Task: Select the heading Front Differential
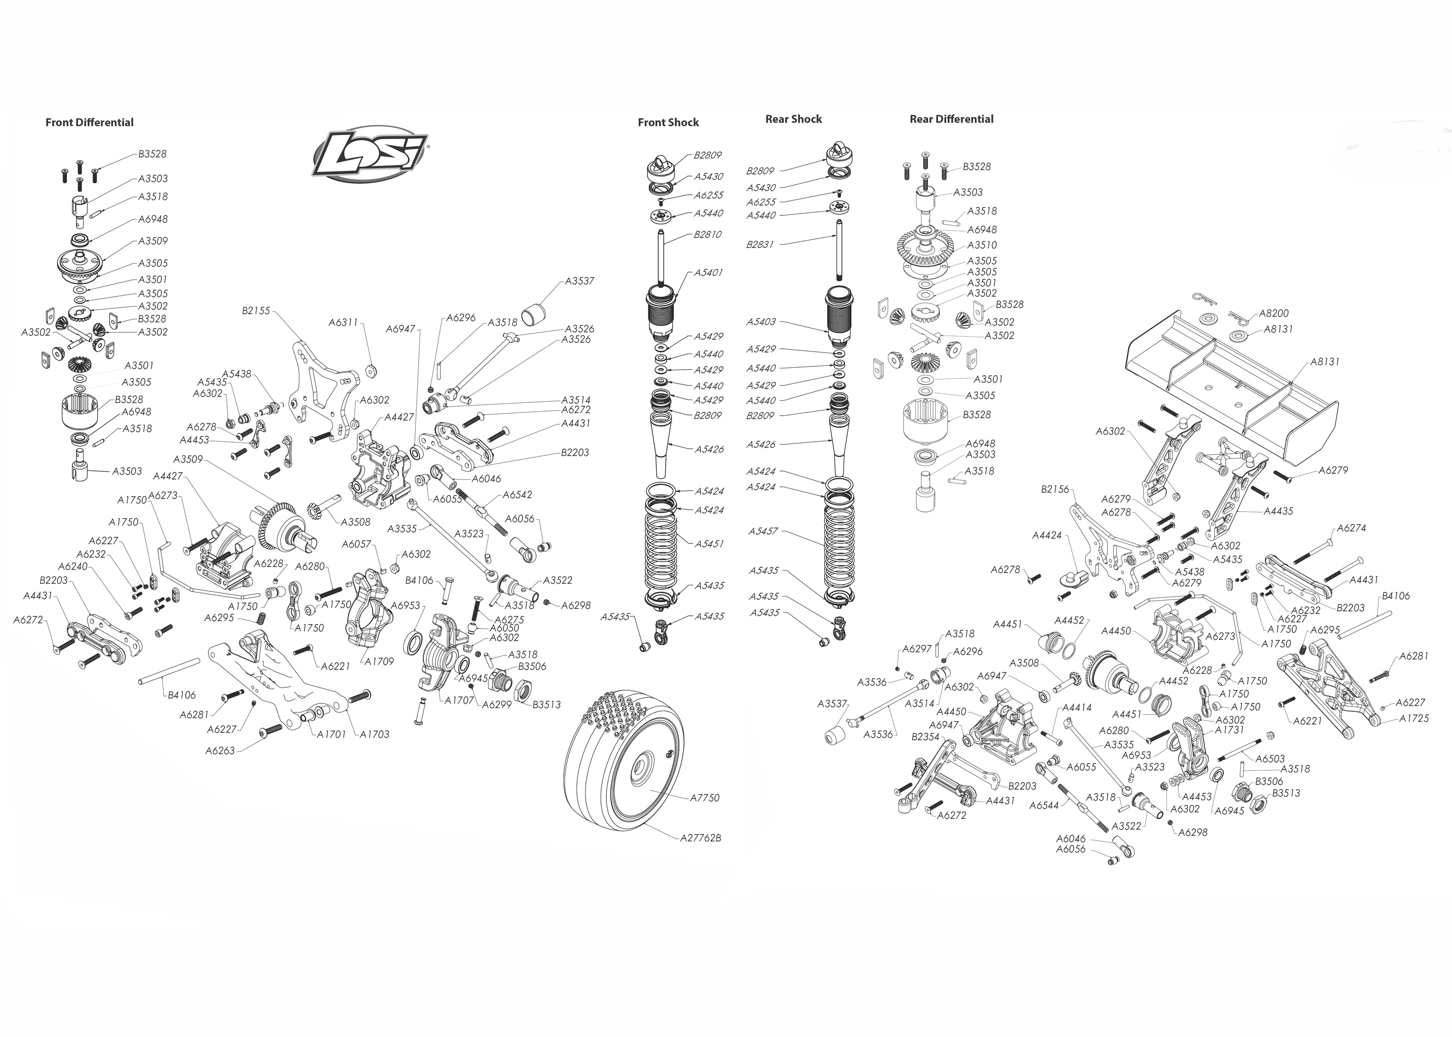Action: coord(89,123)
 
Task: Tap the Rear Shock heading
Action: coord(794,119)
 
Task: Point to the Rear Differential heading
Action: coord(951,119)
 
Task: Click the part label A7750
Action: coord(704,797)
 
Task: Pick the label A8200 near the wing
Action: coord(1274,313)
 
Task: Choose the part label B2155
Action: coord(256,311)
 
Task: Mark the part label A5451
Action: coord(709,543)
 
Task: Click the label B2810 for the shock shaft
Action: coord(708,234)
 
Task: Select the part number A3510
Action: coord(982,245)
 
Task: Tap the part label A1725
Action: coord(1414,719)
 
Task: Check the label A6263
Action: coord(220,751)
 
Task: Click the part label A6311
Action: coord(343,323)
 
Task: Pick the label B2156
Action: coord(1055,489)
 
